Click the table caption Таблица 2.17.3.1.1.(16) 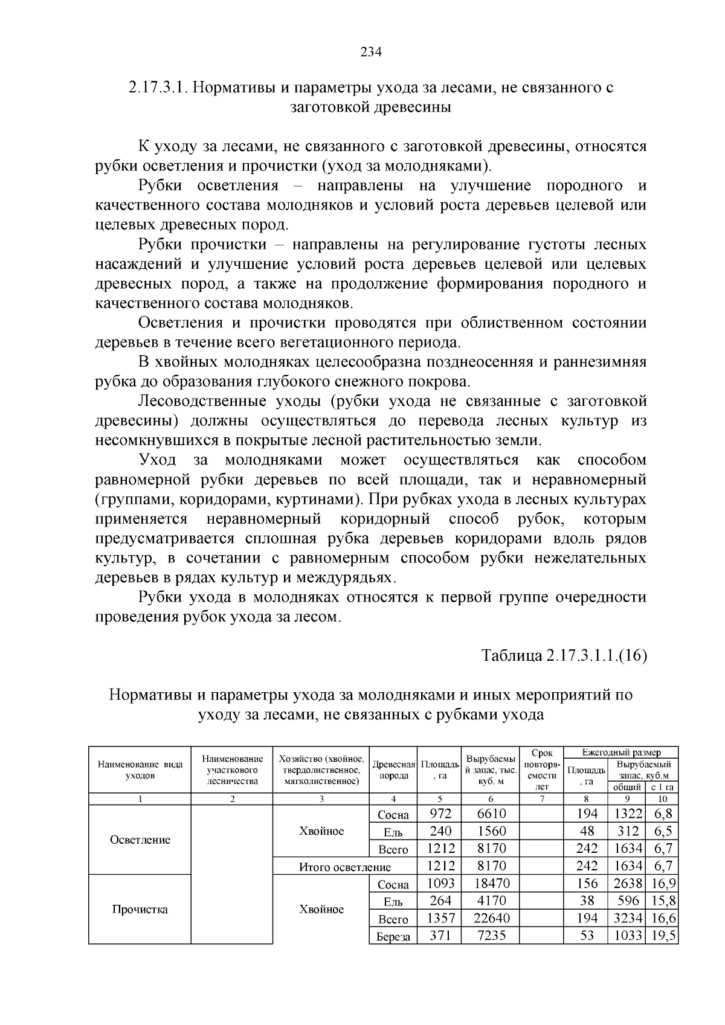(x=564, y=656)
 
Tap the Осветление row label (x=140, y=840)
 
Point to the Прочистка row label (x=140, y=909)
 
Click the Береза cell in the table (x=393, y=937)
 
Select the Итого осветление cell (x=345, y=867)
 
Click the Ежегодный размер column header (x=621, y=753)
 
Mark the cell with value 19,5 (x=662, y=936)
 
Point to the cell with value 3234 (x=628, y=918)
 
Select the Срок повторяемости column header (x=542, y=770)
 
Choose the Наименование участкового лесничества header (x=232, y=770)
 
